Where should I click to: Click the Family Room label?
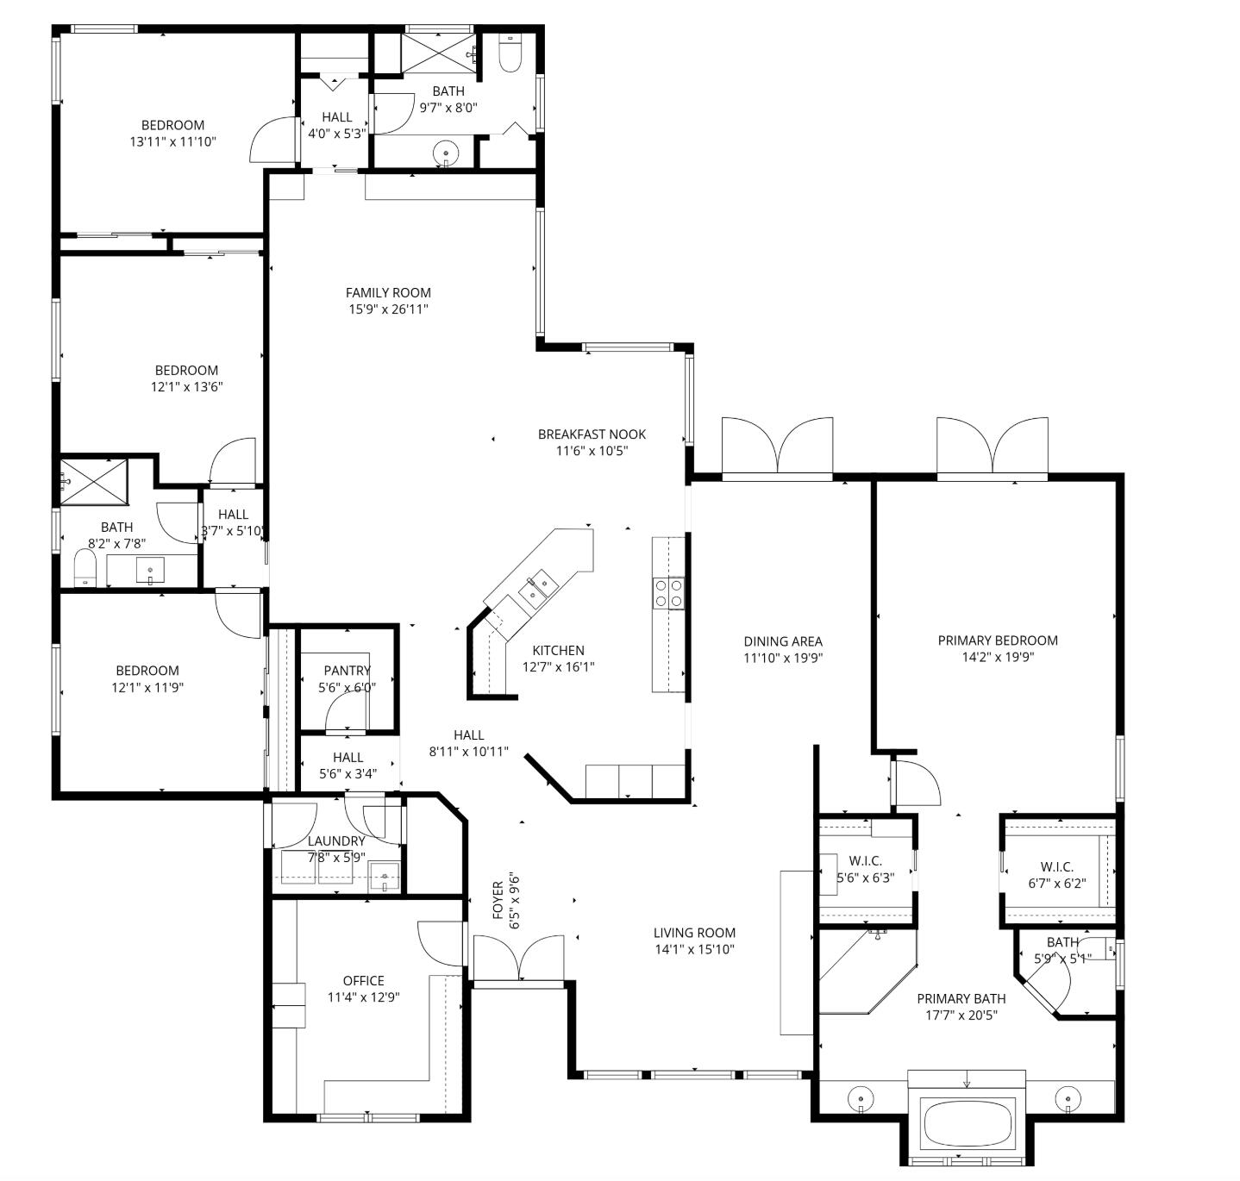tap(388, 292)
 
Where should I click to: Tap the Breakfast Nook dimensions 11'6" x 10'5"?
tap(592, 451)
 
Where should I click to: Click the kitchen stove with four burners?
tap(668, 593)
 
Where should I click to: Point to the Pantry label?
tap(348, 671)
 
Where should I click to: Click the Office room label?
tap(363, 981)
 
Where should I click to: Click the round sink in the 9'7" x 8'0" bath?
tap(446, 153)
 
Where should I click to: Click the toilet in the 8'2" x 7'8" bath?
tap(85, 568)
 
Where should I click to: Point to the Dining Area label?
tap(783, 641)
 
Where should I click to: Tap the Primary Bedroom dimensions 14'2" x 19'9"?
tap(998, 657)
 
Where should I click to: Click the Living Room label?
tap(694, 933)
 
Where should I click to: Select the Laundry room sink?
tap(384, 877)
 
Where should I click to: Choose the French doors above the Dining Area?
tap(777, 447)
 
